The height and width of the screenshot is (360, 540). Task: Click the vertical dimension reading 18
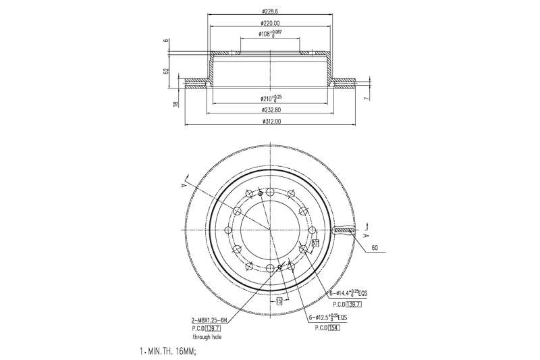[x=175, y=104]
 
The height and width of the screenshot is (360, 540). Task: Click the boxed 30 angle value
[x=315, y=242]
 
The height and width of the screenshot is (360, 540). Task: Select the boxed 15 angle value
[x=279, y=301]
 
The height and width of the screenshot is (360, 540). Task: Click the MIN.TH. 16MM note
[x=169, y=352]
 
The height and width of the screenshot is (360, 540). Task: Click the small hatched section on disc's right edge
[x=344, y=232]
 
